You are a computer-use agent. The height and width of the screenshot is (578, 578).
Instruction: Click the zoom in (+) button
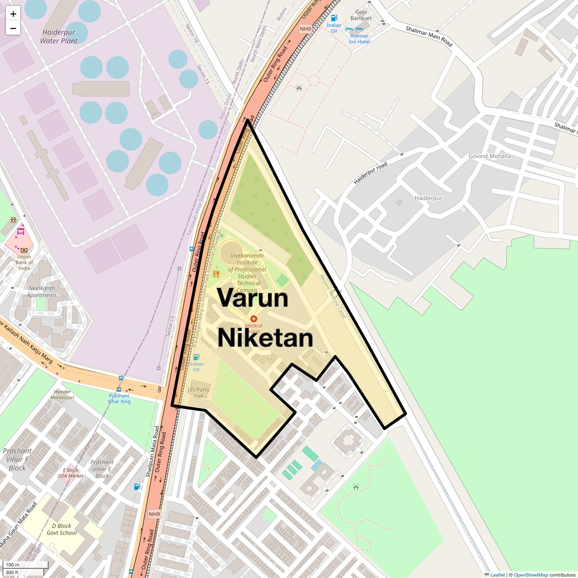(x=13, y=14)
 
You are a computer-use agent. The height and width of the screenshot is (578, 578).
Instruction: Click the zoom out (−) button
(x=13, y=28)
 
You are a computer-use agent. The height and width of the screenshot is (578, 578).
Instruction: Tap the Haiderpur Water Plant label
(x=59, y=37)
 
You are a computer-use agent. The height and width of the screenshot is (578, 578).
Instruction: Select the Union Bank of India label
(x=24, y=263)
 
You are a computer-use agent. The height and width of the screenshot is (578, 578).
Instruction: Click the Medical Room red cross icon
(x=254, y=319)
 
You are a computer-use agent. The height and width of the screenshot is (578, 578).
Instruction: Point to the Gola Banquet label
(x=361, y=15)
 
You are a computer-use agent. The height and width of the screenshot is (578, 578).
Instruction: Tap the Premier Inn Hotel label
(x=359, y=39)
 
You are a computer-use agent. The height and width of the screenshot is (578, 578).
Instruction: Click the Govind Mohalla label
(x=489, y=156)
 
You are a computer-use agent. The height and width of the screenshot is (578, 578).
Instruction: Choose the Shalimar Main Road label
(x=429, y=36)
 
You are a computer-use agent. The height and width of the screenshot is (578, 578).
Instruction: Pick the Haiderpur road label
(x=370, y=173)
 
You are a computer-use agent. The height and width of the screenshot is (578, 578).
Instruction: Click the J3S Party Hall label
(x=198, y=393)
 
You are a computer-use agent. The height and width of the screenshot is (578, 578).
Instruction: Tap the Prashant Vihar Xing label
(x=119, y=398)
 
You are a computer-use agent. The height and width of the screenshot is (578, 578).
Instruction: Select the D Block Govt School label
(x=62, y=529)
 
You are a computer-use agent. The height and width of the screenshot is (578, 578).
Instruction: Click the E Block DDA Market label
(x=70, y=473)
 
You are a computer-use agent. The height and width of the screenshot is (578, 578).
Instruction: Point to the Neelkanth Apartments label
(x=42, y=292)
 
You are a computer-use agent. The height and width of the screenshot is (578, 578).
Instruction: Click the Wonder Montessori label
(x=63, y=394)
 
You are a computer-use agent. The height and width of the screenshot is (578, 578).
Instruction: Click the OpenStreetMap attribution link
(x=530, y=575)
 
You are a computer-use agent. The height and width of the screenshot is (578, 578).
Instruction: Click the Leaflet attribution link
(x=497, y=575)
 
